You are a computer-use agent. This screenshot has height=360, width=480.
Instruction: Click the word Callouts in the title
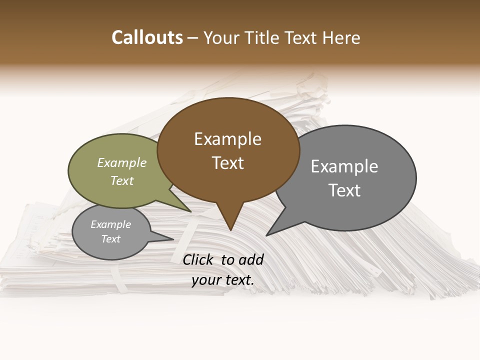tap(147, 38)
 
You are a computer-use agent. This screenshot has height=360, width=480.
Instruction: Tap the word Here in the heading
tap(342, 38)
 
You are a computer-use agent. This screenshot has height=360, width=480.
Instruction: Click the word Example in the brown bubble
tap(227, 139)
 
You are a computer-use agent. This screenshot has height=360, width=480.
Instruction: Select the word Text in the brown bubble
tap(228, 163)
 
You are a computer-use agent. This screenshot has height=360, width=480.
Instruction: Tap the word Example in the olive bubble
tap(122, 163)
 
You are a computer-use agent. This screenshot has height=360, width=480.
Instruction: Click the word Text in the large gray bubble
tap(344, 190)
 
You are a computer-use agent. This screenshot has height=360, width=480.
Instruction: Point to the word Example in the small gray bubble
tap(111, 224)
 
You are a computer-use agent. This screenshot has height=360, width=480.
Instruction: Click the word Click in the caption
tap(199, 259)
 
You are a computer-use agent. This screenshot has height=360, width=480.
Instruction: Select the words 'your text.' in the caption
tap(223, 280)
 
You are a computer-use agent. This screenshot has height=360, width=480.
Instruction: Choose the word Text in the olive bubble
tap(122, 180)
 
